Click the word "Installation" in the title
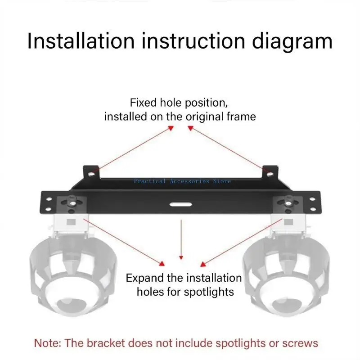[x=81, y=41]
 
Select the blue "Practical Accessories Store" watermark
[x=182, y=181]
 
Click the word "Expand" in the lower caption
[x=145, y=277]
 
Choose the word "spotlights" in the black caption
[x=210, y=292]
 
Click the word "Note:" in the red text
[x=48, y=343]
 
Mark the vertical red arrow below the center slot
[x=181, y=238]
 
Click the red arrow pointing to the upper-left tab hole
[x=135, y=148]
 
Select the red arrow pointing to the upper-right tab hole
[x=225, y=148]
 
